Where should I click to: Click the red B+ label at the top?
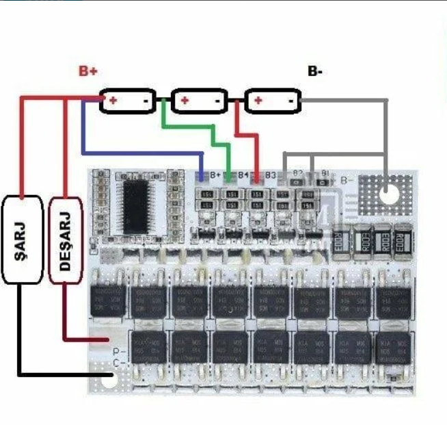tap(87, 70)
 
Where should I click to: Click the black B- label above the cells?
tap(315, 70)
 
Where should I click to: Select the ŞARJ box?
tap(22, 239)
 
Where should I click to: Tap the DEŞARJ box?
tap(66, 239)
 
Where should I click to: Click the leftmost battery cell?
tap(128, 101)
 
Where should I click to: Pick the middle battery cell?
tap(198, 101)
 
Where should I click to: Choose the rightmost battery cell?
tap(272, 101)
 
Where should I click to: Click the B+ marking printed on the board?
tap(215, 177)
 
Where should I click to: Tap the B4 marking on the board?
tap(243, 177)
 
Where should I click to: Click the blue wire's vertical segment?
tap(83, 127)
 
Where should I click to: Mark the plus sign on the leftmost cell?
tap(111, 101)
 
